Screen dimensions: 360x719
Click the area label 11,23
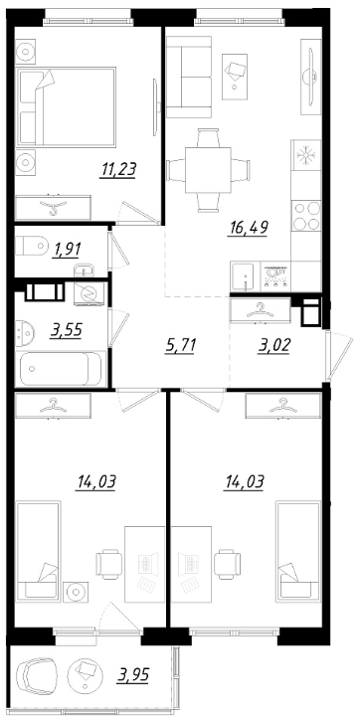click(x=118, y=170)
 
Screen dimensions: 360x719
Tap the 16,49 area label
click(x=248, y=227)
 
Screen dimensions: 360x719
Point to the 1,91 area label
click(x=67, y=250)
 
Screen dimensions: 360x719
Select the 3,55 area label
click(x=66, y=330)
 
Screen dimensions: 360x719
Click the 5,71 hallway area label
click(x=180, y=345)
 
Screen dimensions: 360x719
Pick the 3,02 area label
click(x=273, y=345)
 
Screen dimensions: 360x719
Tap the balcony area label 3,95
click(x=132, y=675)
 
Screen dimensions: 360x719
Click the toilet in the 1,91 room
click(x=32, y=246)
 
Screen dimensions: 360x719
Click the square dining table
click(x=208, y=170)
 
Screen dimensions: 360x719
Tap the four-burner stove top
click(x=306, y=216)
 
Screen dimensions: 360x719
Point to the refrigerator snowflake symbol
click(x=304, y=155)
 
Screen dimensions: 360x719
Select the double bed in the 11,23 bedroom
click(x=66, y=106)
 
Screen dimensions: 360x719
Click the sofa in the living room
click(x=189, y=77)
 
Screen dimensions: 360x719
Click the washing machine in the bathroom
click(x=90, y=292)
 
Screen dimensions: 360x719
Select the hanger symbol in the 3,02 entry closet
click(x=260, y=310)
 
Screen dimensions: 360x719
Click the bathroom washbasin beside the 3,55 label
click(x=24, y=333)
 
